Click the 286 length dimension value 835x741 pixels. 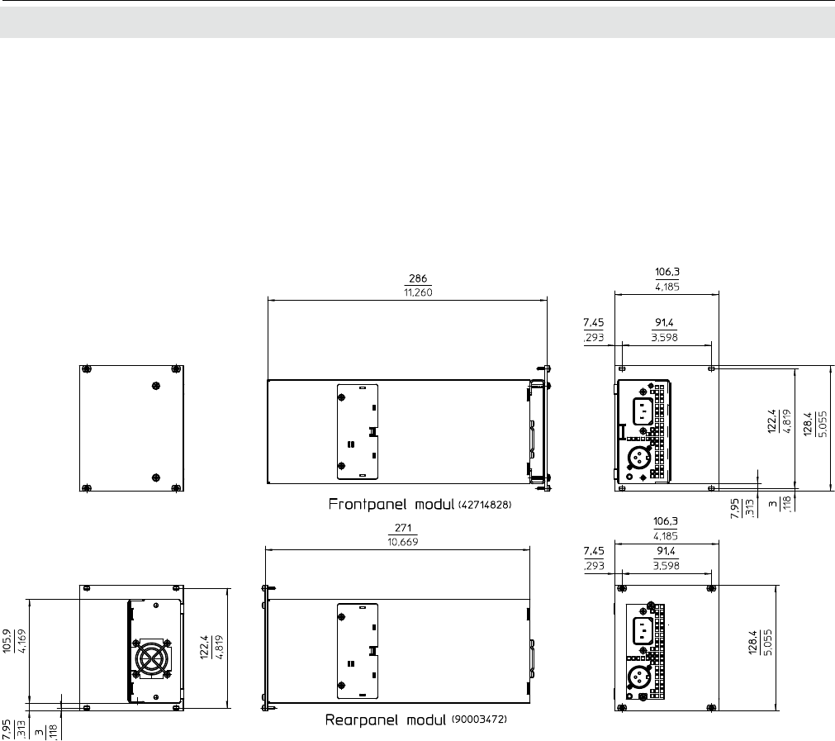pyautogui.click(x=418, y=278)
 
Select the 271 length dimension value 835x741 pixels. pyautogui.click(x=403, y=528)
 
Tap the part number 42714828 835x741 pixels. pyautogui.click(x=485, y=504)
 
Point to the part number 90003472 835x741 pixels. pyautogui.click(x=479, y=720)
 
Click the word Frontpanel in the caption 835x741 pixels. pyautogui.click(x=368, y=505)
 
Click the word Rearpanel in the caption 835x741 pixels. pyautogui.click(x=362, y=720)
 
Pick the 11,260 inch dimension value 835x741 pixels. pyautogui.click(x=418, y=292)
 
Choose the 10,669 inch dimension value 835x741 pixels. pyautogui.click(x=403, y=542)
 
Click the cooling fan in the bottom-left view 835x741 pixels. pyautogui.click(x=152, y=658)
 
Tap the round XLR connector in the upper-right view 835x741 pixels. pyautogui.click(x=638, y=457)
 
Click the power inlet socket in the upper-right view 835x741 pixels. pyautogui.click(x=643, y=411)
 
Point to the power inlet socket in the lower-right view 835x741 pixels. pyautogui.click(x=643, y=631)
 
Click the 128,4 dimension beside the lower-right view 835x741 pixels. pyautogui.click(x=753, y=643)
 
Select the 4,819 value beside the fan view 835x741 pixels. pyautogui.click(x=218, y=647)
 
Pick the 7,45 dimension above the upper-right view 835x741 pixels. pyautogui.click(x=594, y=322)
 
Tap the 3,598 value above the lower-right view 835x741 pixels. pyautogui.click(x=667, y=566)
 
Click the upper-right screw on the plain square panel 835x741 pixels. pyautogui.click(x=176, y=369)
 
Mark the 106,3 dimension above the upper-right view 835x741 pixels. pyautogui.click(x=667, y=273)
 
